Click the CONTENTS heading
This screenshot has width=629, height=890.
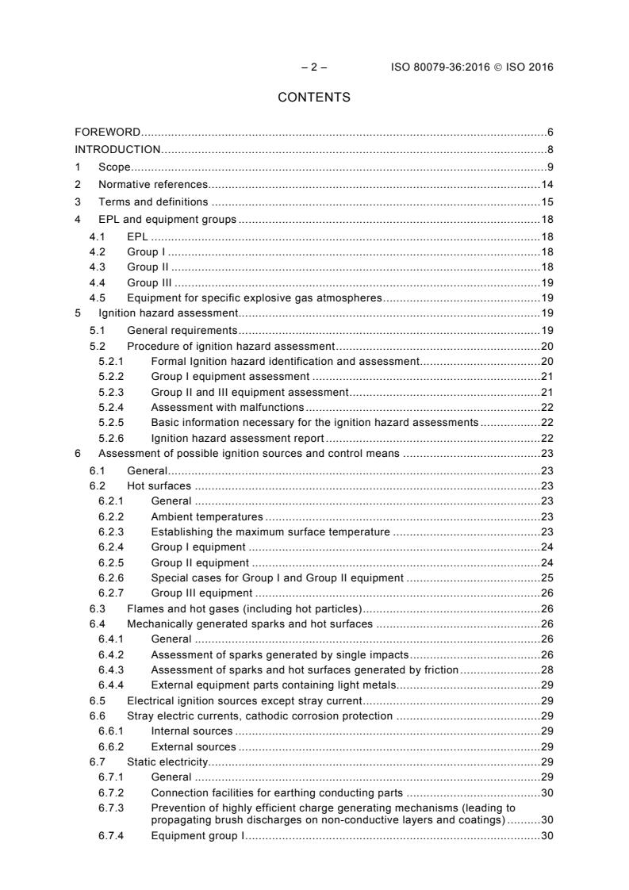tap(314, 98)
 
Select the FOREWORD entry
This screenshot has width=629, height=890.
tap(108, 132)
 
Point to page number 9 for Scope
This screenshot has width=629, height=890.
tap(549, 167)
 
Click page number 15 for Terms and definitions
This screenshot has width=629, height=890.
tap(547, 201)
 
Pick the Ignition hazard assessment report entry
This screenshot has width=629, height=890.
tap(237, 438)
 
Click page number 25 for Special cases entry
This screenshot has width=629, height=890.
tap(547, 577)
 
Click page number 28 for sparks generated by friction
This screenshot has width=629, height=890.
tap(547, 670)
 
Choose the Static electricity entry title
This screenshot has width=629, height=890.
tap(167, 761)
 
